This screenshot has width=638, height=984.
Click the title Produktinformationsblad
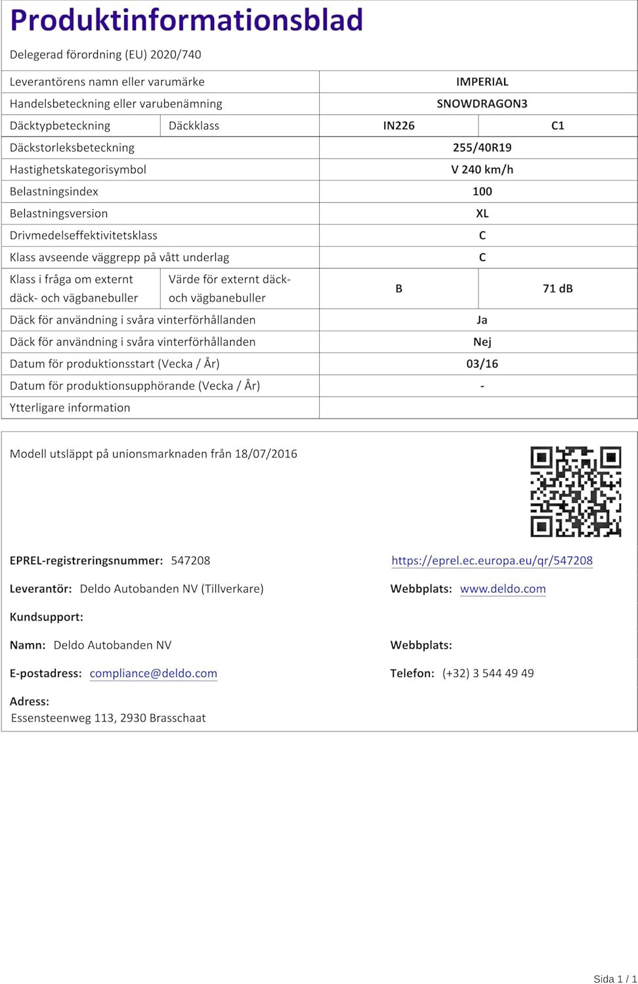pos(186,20)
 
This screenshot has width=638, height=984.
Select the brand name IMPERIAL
pos(482,82)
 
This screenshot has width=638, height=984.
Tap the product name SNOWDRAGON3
pos(482,104)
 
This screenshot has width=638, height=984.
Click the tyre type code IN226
pos(398,126)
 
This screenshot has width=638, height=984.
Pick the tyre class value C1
pos(557,126)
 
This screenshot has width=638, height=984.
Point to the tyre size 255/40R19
pos(482,148)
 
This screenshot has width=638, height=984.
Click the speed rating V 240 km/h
pos(482,170)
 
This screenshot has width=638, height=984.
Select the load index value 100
pos(482,192)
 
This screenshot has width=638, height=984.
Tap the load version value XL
pos(482,214)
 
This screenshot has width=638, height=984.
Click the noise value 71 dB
pos(557,289)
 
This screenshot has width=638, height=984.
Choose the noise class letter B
pos(398,289)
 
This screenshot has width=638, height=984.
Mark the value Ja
pos(482,320)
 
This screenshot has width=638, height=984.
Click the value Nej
pos(482,342)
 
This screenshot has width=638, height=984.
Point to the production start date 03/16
pos(482,364)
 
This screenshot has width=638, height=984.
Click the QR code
pos(576,491)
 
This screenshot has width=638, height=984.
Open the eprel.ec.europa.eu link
pos(492,561)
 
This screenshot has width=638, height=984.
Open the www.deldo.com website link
pos(503,589)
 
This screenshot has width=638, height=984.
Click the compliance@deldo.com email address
pos(153,674)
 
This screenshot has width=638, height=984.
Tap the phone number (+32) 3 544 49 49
pos(488,674)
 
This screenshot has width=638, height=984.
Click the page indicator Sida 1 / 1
pos(614,979)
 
